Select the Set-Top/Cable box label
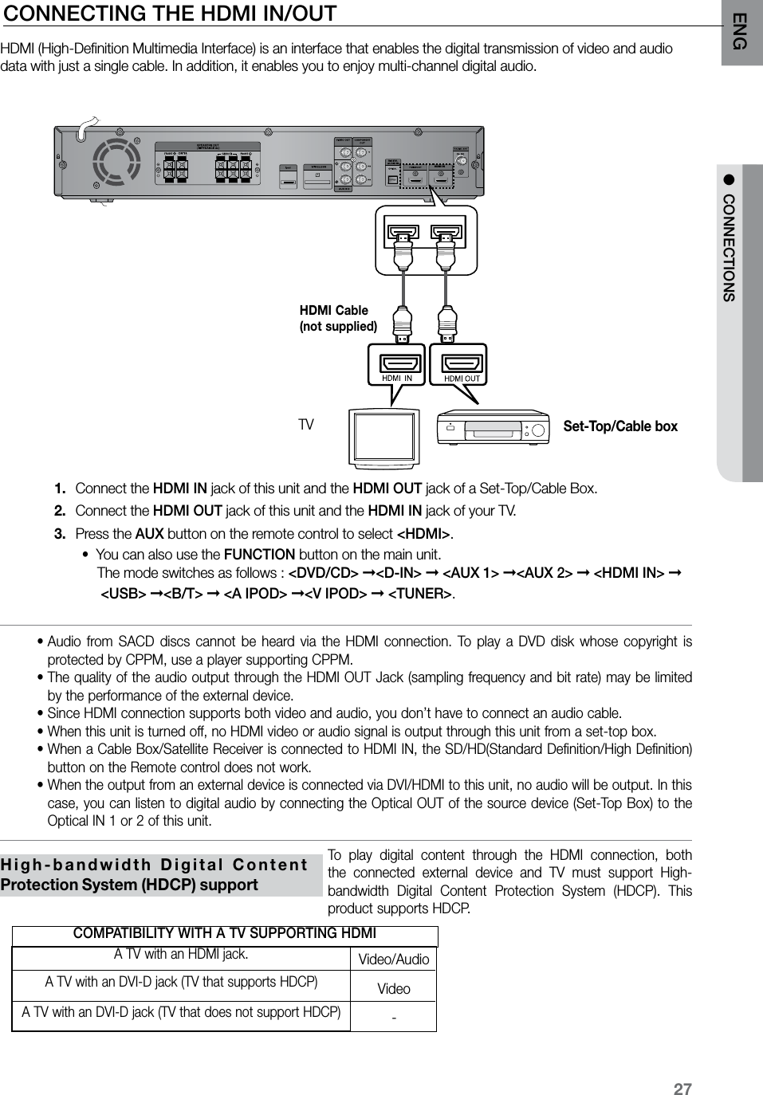point(620,426)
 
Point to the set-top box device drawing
point(494,429)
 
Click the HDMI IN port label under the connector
point(397,378)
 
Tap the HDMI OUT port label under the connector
point(462,379)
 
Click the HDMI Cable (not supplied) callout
point(337,318)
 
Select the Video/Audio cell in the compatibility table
point(394,960)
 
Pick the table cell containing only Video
point(394,989)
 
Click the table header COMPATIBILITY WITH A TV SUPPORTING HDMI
point(225,933)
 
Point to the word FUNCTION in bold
point(260,555)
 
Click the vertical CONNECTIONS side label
point(729,247)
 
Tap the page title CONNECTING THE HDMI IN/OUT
point(169,14)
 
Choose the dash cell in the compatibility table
point(394,1018)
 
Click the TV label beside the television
point(306,425)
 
